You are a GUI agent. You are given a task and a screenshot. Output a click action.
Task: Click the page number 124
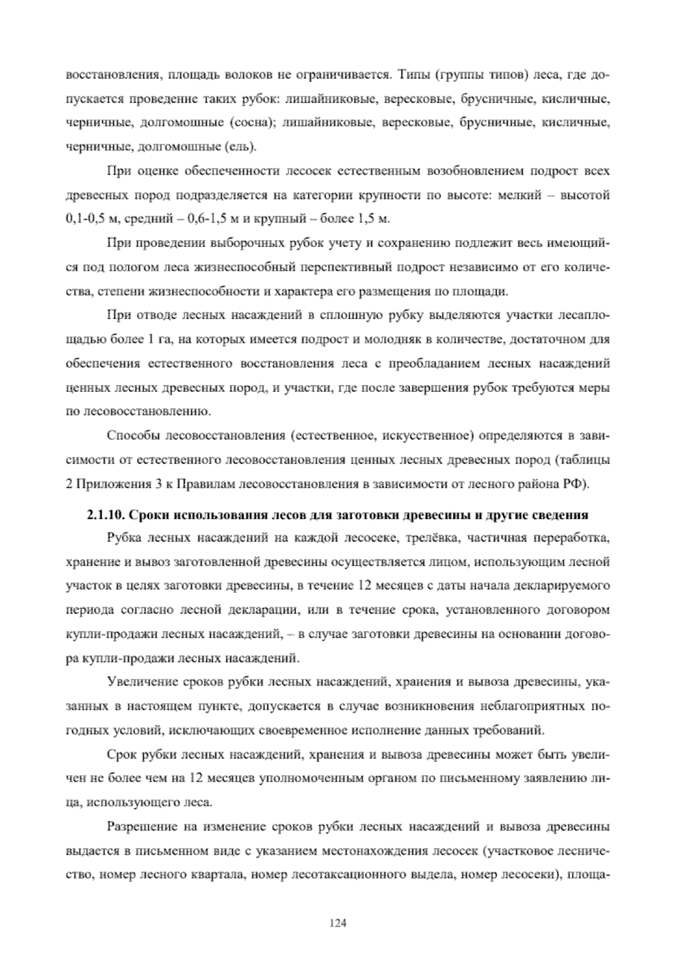click(337, 923)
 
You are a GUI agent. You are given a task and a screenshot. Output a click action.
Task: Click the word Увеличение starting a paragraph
click(138, 683)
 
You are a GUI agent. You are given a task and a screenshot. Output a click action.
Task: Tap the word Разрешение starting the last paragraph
click(140, 827)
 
